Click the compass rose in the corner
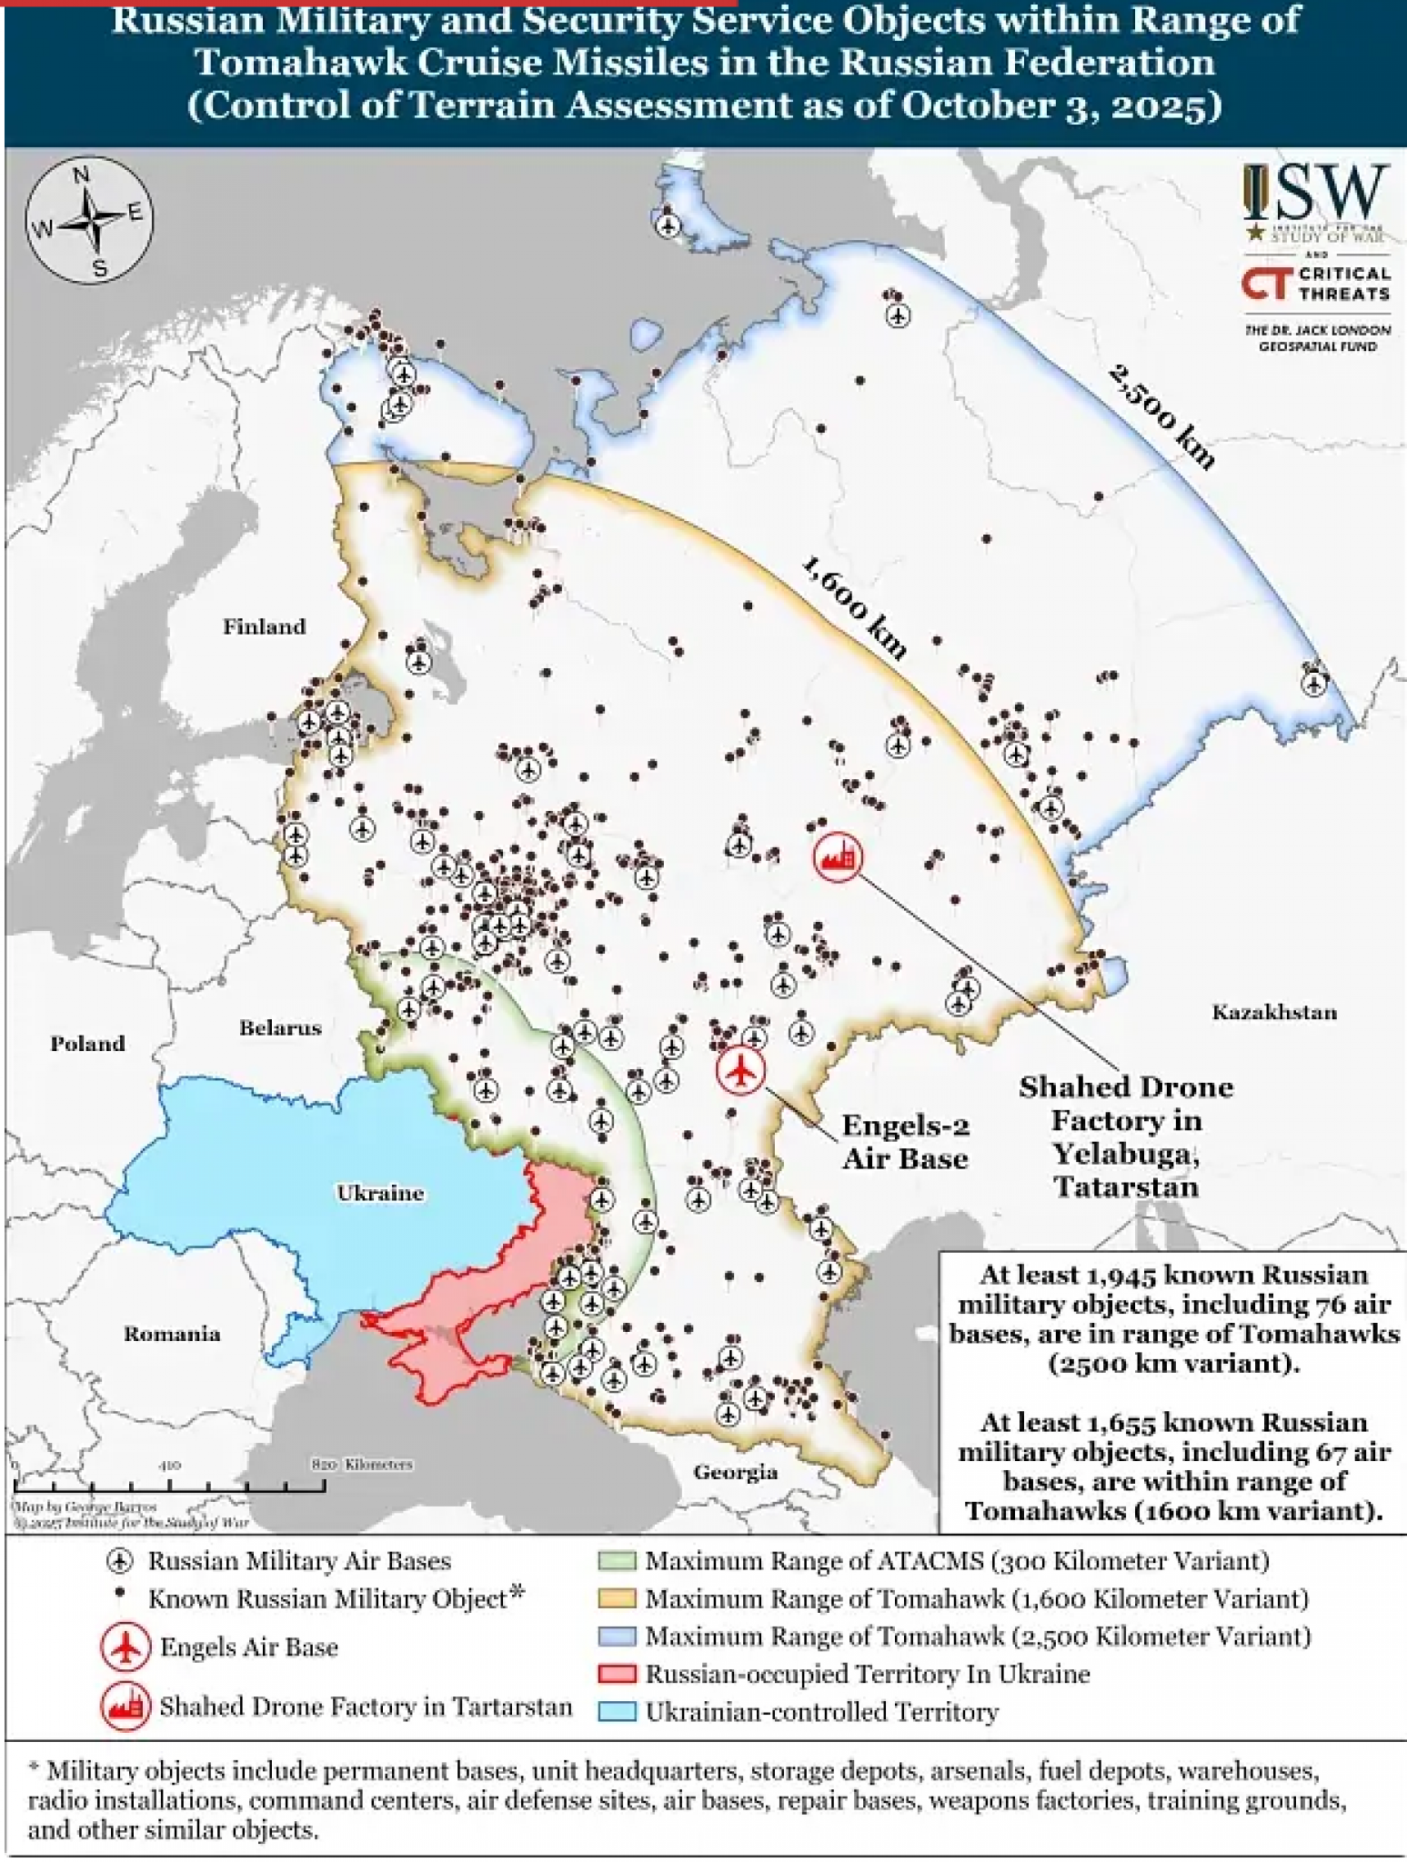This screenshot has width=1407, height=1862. point(89,221)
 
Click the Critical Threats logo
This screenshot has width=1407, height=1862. point(1316,283)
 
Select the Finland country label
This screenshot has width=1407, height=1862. point(265,626)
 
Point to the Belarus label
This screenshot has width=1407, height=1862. point(280,1028)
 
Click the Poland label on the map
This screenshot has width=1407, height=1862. point(87,1044)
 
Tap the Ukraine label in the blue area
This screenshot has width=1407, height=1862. point(380,1193)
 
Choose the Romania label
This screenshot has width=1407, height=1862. point(172,1334)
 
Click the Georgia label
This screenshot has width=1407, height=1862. point(735,1472)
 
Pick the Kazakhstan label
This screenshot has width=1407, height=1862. point(1274,1012)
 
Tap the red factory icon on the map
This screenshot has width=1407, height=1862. point(838,856)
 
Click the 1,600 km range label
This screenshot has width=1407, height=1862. point(854,608)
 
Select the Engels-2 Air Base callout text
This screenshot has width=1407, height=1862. point(905,1142)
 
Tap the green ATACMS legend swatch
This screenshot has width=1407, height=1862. point(618,1561)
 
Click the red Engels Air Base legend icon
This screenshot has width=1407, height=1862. point(125,1647)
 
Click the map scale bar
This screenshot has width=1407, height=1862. point(168,1487)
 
